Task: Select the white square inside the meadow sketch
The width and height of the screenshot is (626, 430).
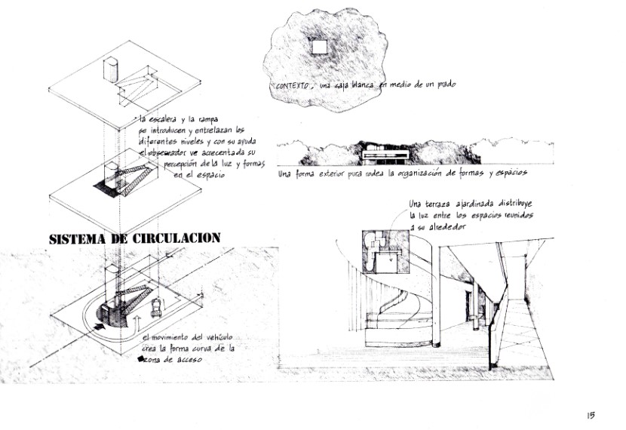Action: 319,47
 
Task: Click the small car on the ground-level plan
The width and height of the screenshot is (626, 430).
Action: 157,306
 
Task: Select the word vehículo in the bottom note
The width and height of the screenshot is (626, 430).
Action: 217,337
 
